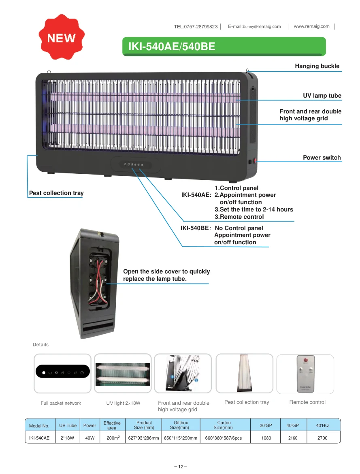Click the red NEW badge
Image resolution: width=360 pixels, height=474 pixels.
coord(62,37)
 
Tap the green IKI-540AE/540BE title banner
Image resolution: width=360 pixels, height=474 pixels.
coord(224,47)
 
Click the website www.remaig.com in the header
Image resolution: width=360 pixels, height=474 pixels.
coord(312,26)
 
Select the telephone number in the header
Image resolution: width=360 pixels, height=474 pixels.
coord(196,27)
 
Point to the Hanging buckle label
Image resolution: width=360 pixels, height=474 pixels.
coord(317,66)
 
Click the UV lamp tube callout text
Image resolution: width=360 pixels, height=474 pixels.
coord(322,96)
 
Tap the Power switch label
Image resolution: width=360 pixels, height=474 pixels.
coord(322,158)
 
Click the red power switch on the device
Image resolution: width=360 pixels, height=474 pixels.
coord(255,161)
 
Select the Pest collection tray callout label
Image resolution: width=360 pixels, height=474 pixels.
coord(56,193)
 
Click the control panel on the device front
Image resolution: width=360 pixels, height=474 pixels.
coord(134,164)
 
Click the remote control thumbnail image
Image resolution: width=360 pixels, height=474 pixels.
coord(306,374)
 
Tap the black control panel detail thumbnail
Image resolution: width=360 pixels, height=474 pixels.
coord(63,372)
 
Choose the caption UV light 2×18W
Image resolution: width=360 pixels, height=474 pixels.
coord(124,403)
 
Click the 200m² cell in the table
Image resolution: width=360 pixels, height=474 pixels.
coord(113,438)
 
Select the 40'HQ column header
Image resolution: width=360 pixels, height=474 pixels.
coord(322,425)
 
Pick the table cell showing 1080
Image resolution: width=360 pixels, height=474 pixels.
coord(266,438)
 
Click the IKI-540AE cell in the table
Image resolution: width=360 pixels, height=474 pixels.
coord(39,438)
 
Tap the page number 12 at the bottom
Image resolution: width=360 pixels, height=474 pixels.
coord(181,466)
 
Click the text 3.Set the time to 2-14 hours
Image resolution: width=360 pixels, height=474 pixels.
coord(254,209)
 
